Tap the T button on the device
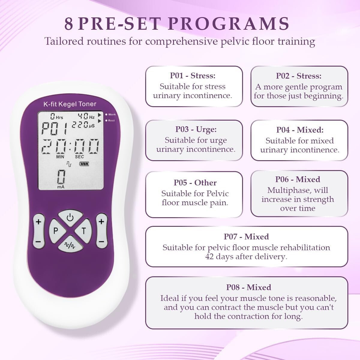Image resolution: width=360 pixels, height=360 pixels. coord(84,231)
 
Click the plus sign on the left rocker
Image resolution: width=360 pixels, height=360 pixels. coord(38,222)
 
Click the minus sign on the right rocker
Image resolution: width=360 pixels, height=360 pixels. coord(101,241)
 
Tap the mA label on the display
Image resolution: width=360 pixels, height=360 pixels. coord(61,187)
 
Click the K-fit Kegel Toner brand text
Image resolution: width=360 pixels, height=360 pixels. coord(70,104)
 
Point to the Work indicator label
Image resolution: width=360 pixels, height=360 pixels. coord(112,114)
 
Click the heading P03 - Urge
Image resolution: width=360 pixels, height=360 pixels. coord(196,129)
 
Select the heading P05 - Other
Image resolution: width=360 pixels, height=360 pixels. coord(195,183)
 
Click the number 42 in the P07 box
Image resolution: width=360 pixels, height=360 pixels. coord(210,257)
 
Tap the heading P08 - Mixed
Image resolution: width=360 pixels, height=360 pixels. coord(248,287)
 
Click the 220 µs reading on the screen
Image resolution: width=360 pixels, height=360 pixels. coord(83,125)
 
